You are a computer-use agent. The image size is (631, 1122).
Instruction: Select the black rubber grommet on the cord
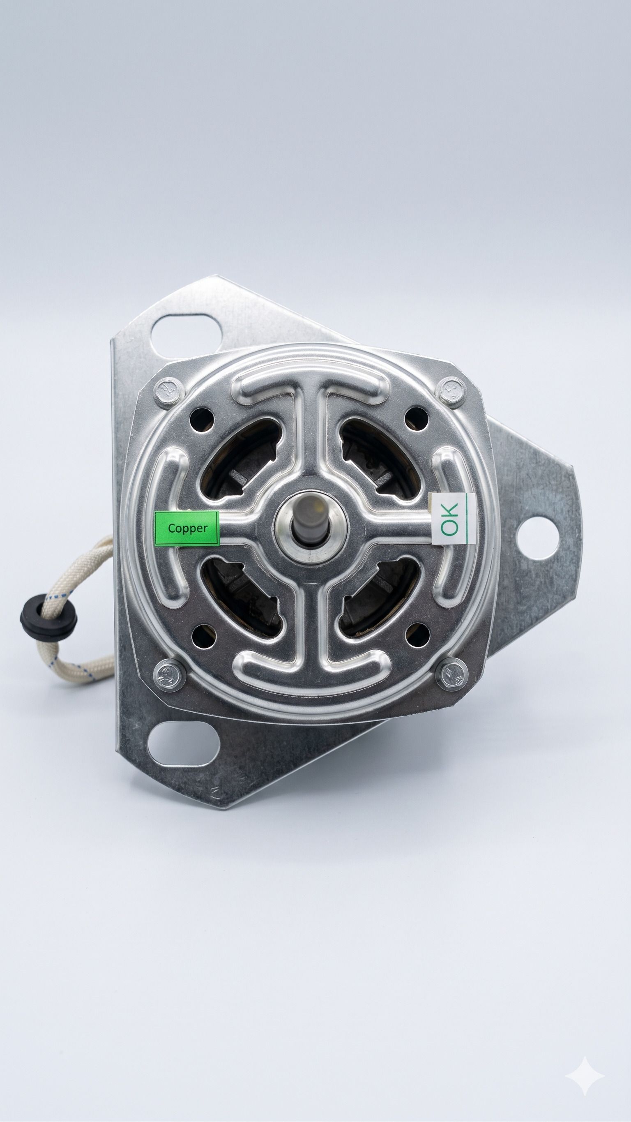48,617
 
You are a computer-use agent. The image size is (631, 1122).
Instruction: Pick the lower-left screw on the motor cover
169,675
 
